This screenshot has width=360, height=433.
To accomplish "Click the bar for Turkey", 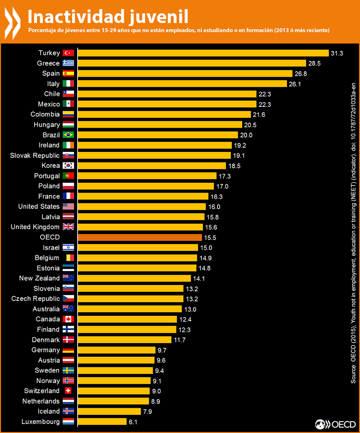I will click(x=203, y=53).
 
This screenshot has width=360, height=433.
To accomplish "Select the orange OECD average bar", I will click(x=140, y=237).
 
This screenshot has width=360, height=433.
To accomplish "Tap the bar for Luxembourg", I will click(x=102, y=422).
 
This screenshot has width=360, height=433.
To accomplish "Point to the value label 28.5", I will click(x=314, y=63).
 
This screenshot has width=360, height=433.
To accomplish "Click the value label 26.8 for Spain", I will click(x=301, y=74).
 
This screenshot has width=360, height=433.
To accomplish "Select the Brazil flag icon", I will click(x=68, y=135).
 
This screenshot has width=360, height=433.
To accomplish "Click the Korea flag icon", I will click(x=68, y=166).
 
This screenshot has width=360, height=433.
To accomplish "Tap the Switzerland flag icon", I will click(x=68, y=391).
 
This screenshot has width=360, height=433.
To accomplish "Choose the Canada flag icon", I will click(x=68, y=319).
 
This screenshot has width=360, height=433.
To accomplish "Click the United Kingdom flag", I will click(x=68, y=227).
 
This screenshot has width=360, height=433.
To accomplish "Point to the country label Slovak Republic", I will click(x=35, y=155).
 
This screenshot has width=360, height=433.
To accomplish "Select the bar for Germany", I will click(x=116, y=350).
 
